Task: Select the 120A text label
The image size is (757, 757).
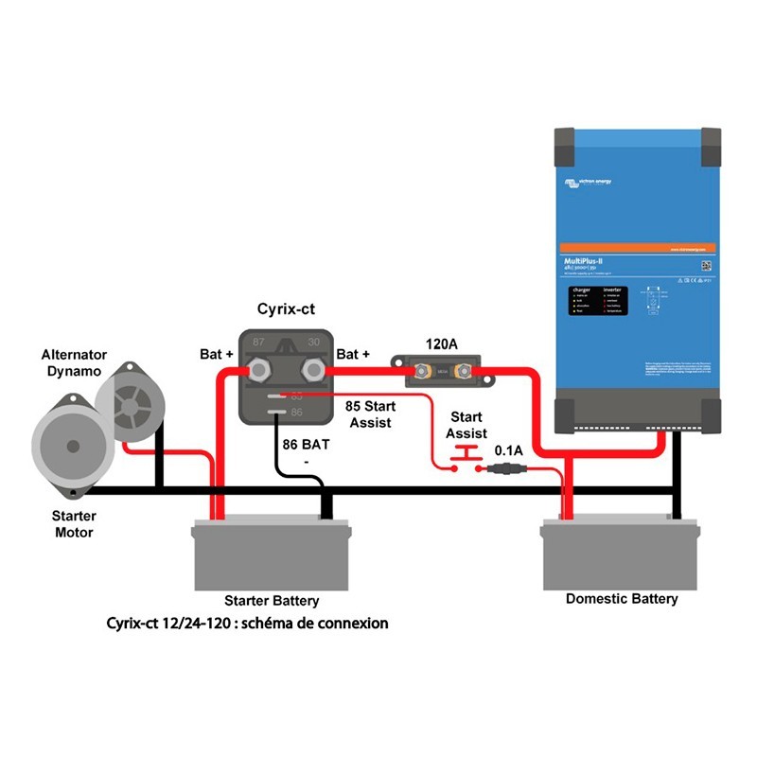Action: point(441,344)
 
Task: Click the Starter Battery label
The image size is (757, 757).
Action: point(272,601)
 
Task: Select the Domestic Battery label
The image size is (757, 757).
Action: point(622,598)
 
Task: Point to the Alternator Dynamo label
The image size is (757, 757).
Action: point(71,363)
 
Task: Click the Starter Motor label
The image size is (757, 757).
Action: point(74,524)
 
